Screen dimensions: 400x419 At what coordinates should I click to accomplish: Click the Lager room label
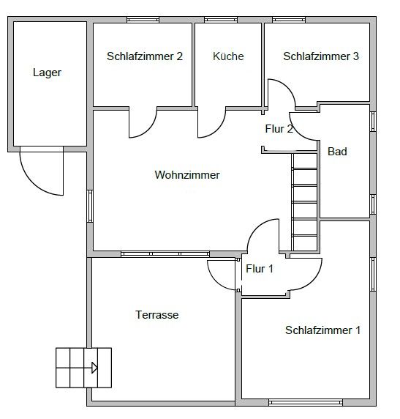(47, 73)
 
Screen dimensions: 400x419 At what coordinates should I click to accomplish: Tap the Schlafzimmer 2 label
(145, 56)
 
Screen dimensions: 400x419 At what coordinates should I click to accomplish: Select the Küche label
(228, 56)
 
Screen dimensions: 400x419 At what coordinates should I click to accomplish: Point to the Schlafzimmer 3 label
(321, 56)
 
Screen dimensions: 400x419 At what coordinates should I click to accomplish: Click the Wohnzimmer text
(187, 175)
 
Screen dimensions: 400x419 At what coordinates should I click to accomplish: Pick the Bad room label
(337, 152)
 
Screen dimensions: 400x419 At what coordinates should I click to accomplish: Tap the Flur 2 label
(279, 129)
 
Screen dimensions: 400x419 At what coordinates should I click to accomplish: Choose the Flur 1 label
(260, 269)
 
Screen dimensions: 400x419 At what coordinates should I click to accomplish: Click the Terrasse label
(157, 315)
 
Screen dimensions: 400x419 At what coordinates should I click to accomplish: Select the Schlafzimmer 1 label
(323, 330)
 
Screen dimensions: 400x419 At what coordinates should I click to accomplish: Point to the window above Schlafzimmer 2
(143, 20)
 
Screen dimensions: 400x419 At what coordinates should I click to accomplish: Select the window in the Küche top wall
(221, 20)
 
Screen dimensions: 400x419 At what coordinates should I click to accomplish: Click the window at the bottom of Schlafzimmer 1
(305, 402)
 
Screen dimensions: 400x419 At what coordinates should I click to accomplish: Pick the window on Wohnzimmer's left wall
(90, 206)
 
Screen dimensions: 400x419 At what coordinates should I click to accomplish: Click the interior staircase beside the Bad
(304, 202)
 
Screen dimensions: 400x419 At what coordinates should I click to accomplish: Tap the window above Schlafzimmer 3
(289, 20)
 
